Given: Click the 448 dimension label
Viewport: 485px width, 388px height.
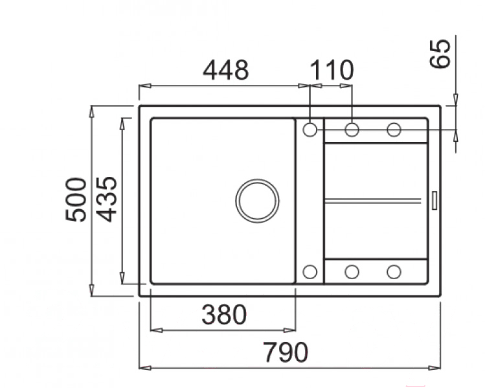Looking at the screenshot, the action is click(225, 70).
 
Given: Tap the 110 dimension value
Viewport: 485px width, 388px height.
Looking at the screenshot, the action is click(332, 70).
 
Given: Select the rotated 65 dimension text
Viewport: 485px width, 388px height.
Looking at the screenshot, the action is click(440, 53).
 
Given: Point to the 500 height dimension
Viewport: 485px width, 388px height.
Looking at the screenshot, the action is click(76, 200).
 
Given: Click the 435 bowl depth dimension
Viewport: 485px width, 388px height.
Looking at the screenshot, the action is click(106, 200).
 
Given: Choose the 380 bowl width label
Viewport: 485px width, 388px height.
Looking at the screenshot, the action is click(224, 315).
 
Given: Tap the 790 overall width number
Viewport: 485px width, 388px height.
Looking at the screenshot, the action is click(286, 352).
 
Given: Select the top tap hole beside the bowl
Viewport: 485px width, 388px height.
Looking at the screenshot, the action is click(310, 130).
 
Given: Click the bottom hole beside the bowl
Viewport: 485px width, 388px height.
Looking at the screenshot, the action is click(310, 272).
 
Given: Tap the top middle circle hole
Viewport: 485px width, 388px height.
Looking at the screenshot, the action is click(352, 130).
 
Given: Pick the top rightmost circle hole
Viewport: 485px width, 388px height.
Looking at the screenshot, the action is click(394, 130).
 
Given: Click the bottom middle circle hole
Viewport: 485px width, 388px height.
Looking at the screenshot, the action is click(352, 272).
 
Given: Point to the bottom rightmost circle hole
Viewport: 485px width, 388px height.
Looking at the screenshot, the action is click(394, 272).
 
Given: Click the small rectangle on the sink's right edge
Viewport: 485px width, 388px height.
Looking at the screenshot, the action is click(434, 201).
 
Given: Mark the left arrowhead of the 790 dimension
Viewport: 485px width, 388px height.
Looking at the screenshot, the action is click(145, 368).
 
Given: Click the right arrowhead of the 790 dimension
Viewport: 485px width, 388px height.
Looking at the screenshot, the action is click(434, 368).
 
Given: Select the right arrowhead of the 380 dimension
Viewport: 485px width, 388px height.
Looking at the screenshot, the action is click(290, 330).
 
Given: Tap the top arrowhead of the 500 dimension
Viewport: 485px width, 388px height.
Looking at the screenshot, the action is click(91, 111).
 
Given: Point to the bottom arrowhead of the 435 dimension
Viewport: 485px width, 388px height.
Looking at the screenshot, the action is click(122, 277).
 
